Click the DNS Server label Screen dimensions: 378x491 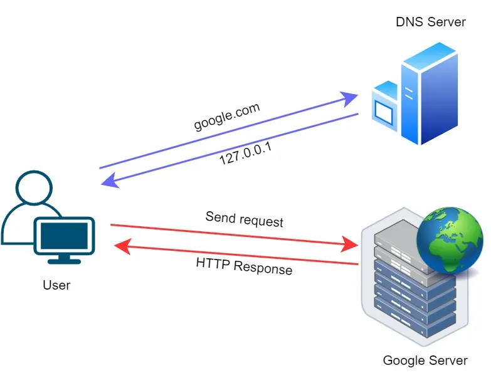[430, 22]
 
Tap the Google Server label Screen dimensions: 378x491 [425, 360]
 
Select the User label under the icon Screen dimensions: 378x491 [56, 285]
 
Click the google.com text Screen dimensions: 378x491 [226, 117]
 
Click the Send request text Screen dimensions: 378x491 [244, 219]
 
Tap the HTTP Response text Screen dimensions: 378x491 [243, 265]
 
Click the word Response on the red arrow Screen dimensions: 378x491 [263, 268]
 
